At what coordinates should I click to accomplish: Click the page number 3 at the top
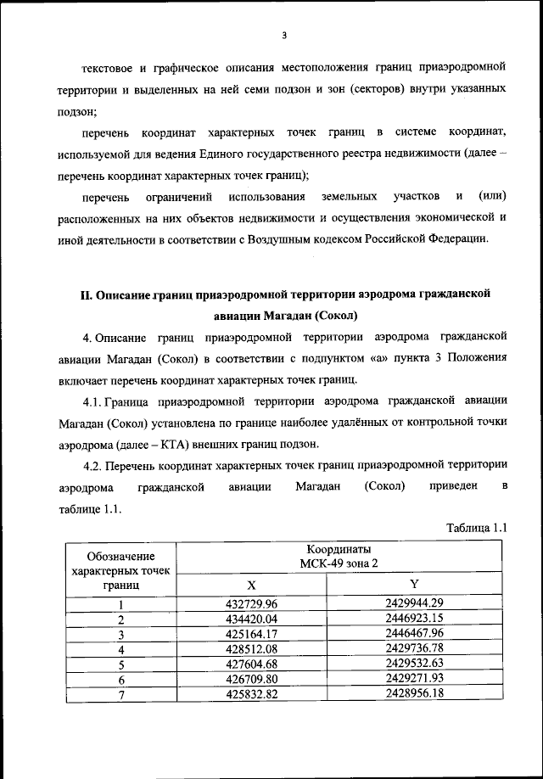click(x=285, y=35)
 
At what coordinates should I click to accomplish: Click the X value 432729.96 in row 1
click(x=251, y=603)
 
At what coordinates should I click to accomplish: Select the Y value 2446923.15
click(x=414, y=619)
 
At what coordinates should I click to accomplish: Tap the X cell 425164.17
click(x=251, y=634)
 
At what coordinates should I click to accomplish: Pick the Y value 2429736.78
click(x=414, y=649)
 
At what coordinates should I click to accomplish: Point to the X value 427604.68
click(x=251, y=664)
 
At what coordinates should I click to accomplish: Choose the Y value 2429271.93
click(x=414, y=680)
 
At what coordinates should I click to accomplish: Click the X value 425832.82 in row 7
click(x=251, y=695)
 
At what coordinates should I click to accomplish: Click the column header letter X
click(x=251, y=586)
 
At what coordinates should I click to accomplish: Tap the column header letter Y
click(x=414, y=585)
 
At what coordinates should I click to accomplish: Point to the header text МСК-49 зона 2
click(x=339, y=563)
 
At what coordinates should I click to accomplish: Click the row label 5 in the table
click(x=121, y=664)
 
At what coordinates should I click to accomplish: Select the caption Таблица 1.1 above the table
click(x=476, y=528)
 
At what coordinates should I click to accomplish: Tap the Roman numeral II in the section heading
click(x=85, y=294)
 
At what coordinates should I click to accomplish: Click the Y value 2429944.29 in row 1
click(x=414, y=603)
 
